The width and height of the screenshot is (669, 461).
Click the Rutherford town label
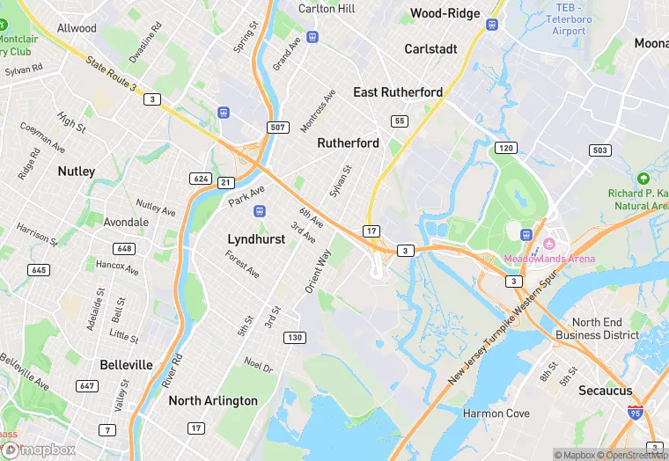point(348,143)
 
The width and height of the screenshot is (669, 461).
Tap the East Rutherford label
point(398,92)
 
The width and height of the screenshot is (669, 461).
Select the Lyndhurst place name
point(256,238)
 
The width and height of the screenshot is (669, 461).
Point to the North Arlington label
point(213,400)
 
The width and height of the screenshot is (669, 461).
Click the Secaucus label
point(606,391)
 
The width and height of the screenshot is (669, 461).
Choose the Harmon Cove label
point(496,413)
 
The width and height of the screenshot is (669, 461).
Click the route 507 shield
point(278,128)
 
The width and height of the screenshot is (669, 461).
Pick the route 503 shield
point(599,150)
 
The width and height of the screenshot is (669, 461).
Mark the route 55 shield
point(400,121)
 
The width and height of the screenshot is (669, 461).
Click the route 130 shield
point(295,338)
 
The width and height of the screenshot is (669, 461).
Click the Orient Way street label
point(318,271)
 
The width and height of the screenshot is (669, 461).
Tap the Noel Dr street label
point(258,363)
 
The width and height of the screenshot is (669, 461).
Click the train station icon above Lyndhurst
point(259,211)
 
